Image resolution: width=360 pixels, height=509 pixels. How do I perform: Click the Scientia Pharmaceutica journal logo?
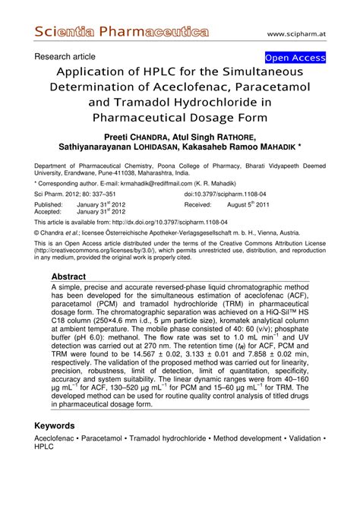click(x=122, y=32)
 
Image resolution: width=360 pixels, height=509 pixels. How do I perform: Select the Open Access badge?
click(x=295, y=58)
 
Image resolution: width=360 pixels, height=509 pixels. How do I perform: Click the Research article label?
click(x=65, y=57)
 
